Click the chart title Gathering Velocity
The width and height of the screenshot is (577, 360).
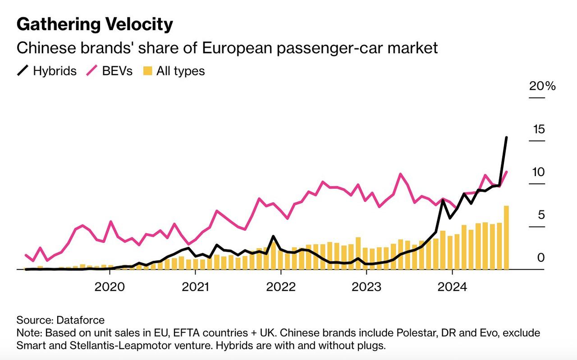point(95,24)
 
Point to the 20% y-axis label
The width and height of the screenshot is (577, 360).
point(542,86)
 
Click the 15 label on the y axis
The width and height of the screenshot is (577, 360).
point(538,129)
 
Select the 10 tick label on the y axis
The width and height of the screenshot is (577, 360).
point(538,172)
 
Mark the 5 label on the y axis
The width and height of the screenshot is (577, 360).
point(541,215)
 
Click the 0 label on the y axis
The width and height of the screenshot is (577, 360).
point(541,258)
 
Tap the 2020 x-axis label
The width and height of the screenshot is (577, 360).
point(110,287)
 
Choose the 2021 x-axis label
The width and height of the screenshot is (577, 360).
point(195,287)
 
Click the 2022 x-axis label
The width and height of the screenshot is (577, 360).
point(280,287)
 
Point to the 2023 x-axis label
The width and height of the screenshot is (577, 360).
point(366,287)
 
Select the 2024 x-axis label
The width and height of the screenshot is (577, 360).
point(452,287)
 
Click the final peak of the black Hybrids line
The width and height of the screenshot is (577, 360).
point(506,137)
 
